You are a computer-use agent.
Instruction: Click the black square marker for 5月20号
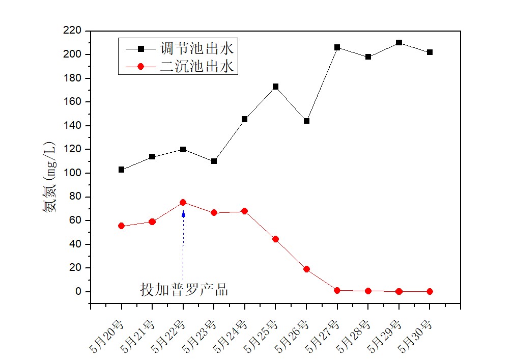point(121,170)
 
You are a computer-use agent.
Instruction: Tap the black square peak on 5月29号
point(399,43)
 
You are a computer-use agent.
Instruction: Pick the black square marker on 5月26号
point(306,121)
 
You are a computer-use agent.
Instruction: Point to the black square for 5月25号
point(275,87)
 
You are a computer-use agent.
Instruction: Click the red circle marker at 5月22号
point(183,202)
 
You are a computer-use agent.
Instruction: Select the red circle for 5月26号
point(306,269)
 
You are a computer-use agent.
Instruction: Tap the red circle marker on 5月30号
point(430,291)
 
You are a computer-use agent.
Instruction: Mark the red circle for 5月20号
point(121,226)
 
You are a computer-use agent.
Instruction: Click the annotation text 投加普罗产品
point(184,290)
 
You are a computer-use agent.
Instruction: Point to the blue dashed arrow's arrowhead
point(183,213)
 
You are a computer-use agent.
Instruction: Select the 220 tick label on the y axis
point(73,31)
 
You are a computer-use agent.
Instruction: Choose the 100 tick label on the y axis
point(73,173)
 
